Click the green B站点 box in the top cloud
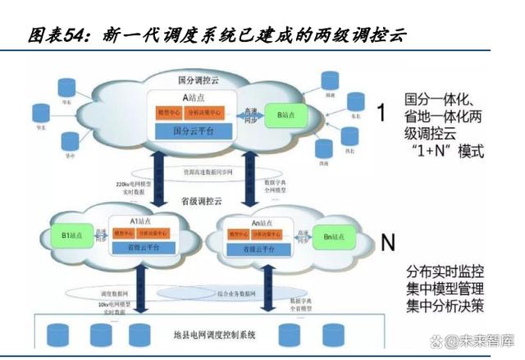pyautogui.click(x=285, y=116)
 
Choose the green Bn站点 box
pyautogui.click(x=332, y=237)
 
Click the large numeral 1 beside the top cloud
pyautogui.click(x=380, y=112)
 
